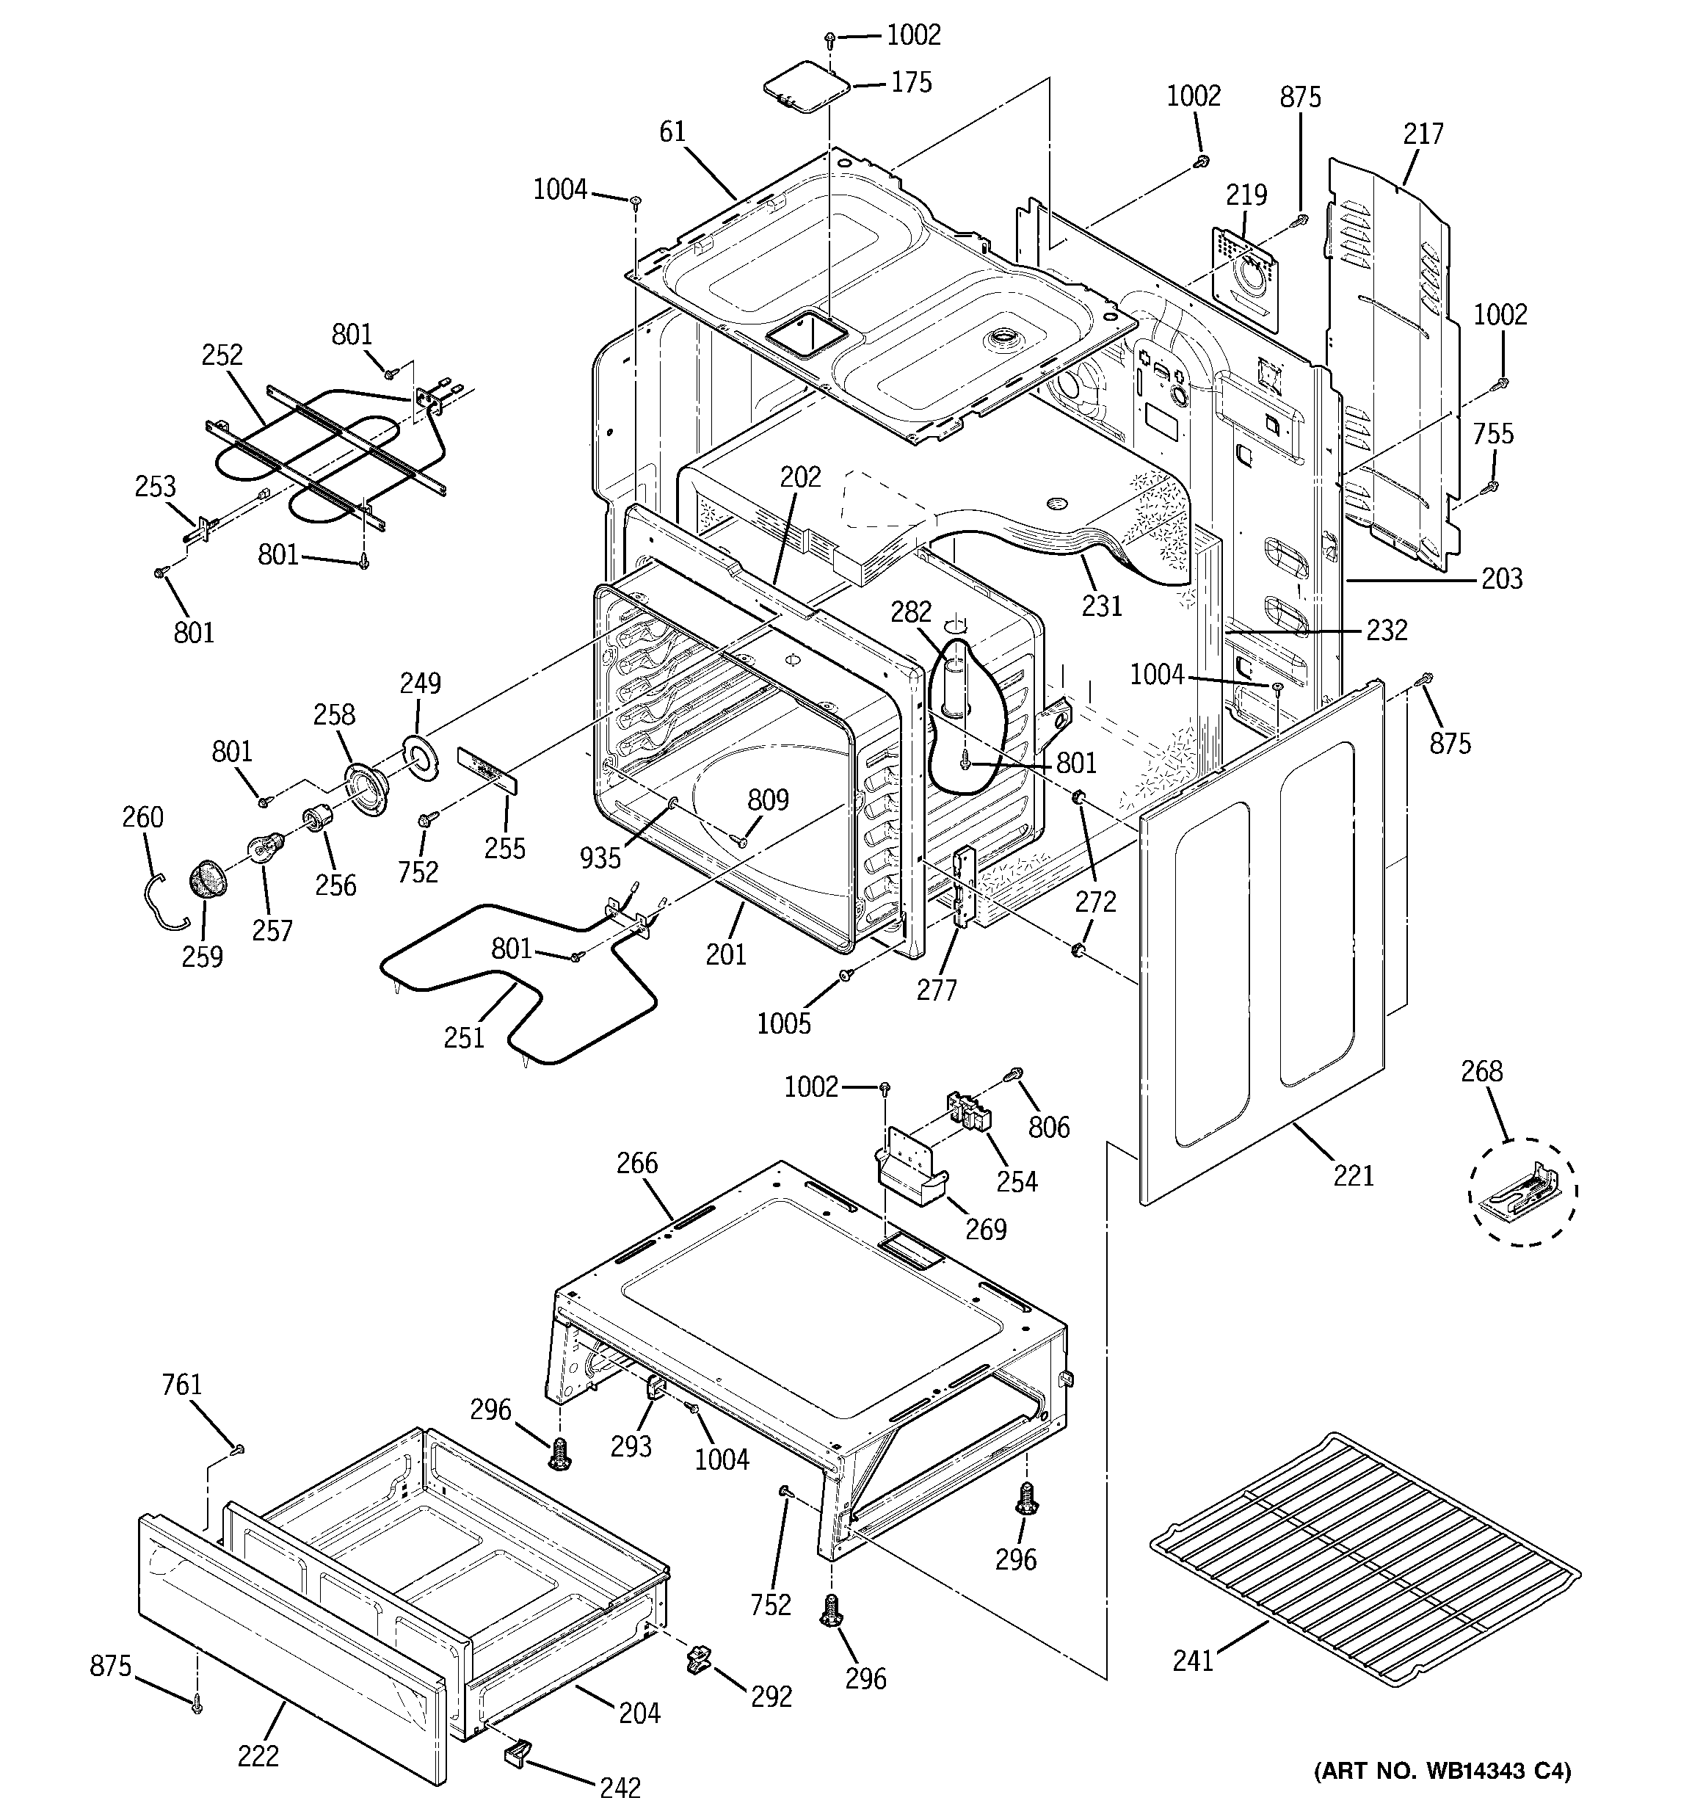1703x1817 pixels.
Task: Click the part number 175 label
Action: [x=912, y=82]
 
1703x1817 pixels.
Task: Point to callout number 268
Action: [x=1481, y=1070]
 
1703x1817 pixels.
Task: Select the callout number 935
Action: [x=600, y=857]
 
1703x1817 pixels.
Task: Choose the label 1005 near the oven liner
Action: [x=783, y=1023]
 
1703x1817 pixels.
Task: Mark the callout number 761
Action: [x=181, y=1385]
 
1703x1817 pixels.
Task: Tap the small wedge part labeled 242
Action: [x=517, y=1750]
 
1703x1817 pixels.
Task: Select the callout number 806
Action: [x=1048, y=1127]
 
